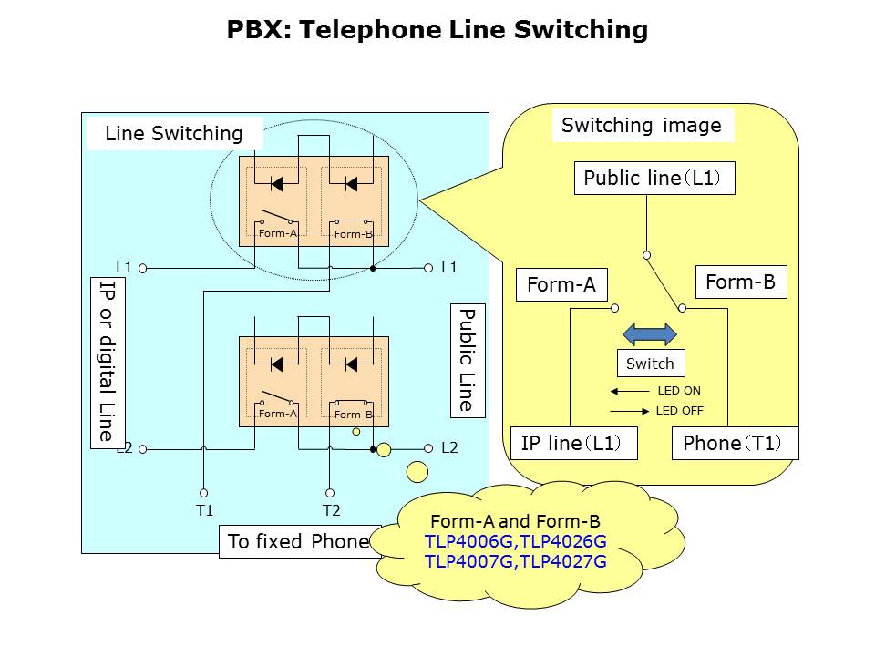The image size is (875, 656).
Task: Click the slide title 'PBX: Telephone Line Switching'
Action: pos(437,30)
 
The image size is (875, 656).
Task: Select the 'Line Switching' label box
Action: pos(174,134)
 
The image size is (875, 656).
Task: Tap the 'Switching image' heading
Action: pos(642,126)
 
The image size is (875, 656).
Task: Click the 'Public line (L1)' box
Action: pos(654,178)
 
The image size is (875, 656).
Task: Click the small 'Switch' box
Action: pos(651,364)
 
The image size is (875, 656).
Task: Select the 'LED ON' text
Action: pos(679,391)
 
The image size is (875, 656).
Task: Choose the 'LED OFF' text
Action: pos(679,411)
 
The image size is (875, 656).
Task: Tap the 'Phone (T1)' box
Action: pos(735,444)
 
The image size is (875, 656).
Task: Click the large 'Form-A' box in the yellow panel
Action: pos(561,285)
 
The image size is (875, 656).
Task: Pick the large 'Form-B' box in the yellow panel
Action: pos(740,282)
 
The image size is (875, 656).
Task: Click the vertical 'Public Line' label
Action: pos(466,361)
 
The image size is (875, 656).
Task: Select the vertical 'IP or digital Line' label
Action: pos(108,362)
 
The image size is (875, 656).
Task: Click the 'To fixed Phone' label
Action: pos(298,541)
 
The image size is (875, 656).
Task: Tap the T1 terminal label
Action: pos(204,510)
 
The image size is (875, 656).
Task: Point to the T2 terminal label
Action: pos(331,510)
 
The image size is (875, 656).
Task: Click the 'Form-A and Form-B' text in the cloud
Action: pos(515,522)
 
